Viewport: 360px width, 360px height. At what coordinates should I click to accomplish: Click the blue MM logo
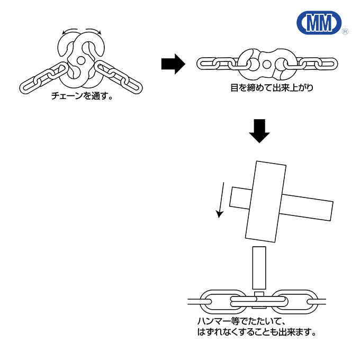click(319, 22)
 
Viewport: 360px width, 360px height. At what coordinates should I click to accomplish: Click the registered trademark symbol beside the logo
click(345, 31)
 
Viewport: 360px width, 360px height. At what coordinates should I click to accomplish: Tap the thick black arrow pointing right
click(173, 64)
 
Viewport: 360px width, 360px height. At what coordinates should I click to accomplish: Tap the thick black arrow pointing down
click(259, 131)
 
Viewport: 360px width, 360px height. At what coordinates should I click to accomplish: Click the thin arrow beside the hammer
click(221, 200)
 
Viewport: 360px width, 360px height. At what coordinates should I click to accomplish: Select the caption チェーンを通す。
click(82, 96)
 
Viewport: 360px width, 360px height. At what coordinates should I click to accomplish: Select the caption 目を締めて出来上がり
click(272, 88)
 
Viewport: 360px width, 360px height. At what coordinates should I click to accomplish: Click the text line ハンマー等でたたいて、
click(241, 321)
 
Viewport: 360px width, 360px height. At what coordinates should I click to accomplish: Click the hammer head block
click(266, 201)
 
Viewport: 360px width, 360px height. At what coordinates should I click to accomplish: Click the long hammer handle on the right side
click(307, 208)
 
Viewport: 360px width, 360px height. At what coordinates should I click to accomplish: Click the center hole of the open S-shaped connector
click(80, 60)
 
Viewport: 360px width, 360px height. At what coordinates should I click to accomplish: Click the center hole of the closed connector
click(266, 64)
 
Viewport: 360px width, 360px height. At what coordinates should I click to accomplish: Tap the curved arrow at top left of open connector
click(70, 31)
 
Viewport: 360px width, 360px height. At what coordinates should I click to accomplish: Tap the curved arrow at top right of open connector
click(94, 31)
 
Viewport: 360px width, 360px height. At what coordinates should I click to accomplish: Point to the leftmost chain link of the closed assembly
click(207, 64)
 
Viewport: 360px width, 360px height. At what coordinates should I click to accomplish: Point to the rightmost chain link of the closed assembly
click(327, 64)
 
